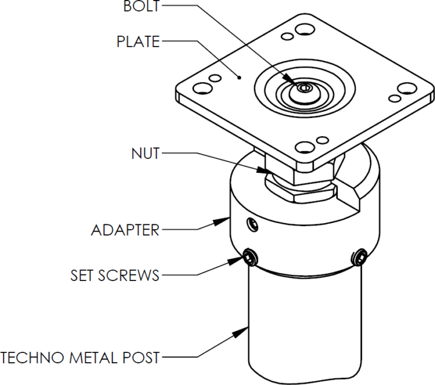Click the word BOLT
(142, 7)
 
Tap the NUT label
(145, 154)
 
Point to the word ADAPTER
(125, 230)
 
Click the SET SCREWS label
(115, 276)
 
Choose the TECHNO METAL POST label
(80, 357)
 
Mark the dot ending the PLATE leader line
(240, 77)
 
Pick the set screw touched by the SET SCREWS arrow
(249, 259)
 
